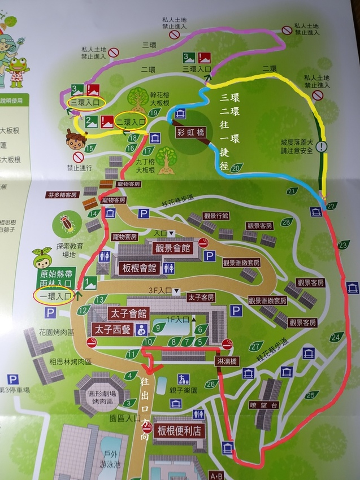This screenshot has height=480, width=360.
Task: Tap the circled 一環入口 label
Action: [55, 295]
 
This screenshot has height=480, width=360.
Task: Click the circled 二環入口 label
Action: [131, 121]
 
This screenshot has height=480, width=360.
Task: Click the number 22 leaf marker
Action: [331, 206]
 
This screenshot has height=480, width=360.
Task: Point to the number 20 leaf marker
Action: [237, 167]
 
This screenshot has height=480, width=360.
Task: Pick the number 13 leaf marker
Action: [101, 299]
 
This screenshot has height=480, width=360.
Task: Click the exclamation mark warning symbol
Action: [322, 146]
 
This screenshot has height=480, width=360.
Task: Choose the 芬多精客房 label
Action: [62, 195]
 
